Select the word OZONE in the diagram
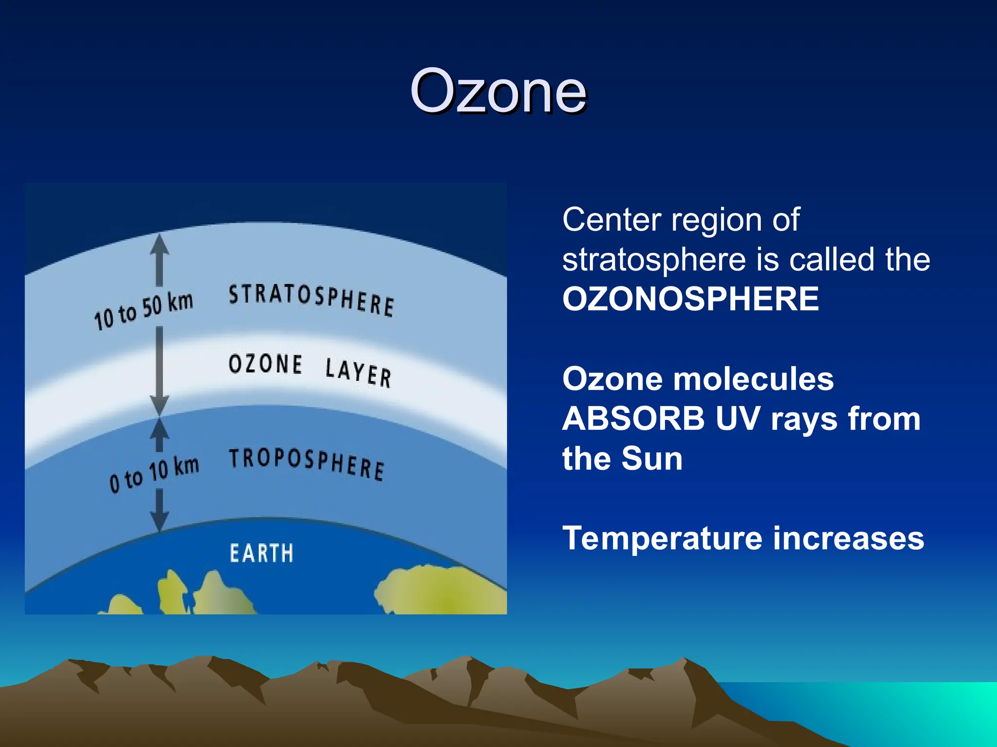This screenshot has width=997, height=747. click(x=265, y=364)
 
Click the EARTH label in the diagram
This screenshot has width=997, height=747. click(x=261, y=553)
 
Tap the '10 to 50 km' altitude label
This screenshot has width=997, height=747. click(x=144, y=311)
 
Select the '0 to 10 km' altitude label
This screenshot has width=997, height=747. click(x=154, y=474)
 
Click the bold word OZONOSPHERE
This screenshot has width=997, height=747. click(x=690, y=299)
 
